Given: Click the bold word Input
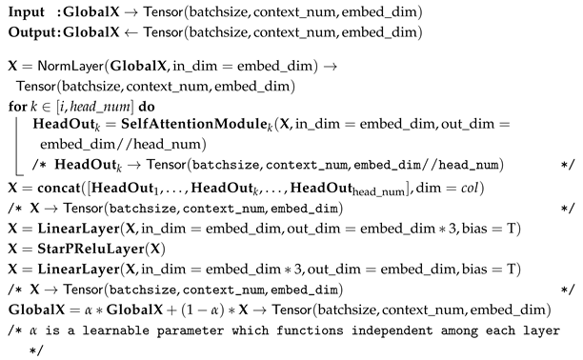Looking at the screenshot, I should pyautogui.click(x=27, y=14).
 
